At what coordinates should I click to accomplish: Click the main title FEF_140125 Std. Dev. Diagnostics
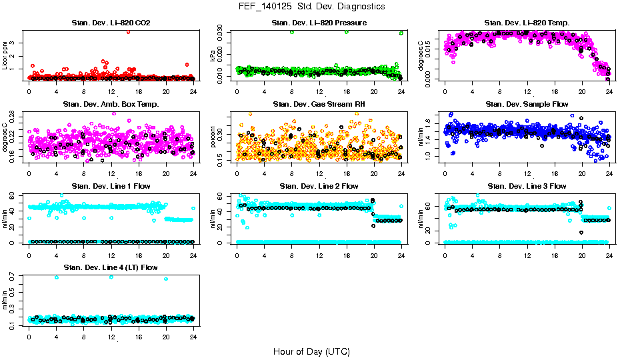[x=311, y=7]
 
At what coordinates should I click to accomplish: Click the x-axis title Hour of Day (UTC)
[x=311, y=351]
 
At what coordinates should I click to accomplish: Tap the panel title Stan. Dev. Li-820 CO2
[x=111, y=23]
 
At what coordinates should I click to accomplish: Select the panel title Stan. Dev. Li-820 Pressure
[x=319, y=23]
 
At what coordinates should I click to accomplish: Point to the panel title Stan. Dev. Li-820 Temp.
[x=527, y=23]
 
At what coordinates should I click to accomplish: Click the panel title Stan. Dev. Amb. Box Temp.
[x=111, y=105]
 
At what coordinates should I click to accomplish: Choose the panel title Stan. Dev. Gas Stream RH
[x=319, y=105]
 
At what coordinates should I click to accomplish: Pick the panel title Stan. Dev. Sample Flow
[x=527, y=105]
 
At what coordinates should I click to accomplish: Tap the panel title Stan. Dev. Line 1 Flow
[x=111, y=186]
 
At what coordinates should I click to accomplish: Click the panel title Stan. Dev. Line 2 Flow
[x=319, y=186]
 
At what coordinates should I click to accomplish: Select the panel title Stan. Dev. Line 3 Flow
[x=527, y=186]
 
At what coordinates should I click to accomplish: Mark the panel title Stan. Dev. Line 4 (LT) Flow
[x=111, y=267]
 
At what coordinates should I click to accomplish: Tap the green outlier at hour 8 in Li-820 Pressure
[x=292, y=32]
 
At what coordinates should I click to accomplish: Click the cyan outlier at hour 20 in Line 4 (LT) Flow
[x=166, y=279]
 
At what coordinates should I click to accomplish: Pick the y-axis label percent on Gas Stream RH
[x=213, y=137]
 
